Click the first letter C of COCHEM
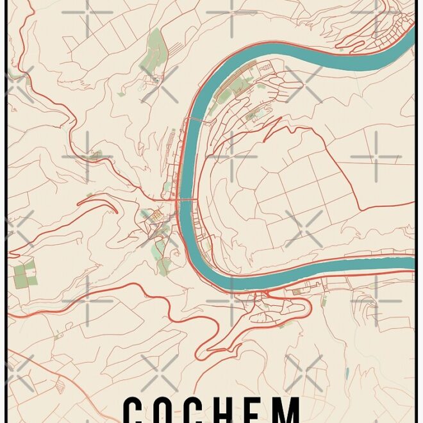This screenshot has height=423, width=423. pos(135,410)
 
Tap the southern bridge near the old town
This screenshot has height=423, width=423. pos(186,201)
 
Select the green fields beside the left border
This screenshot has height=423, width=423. pos(25,273)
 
